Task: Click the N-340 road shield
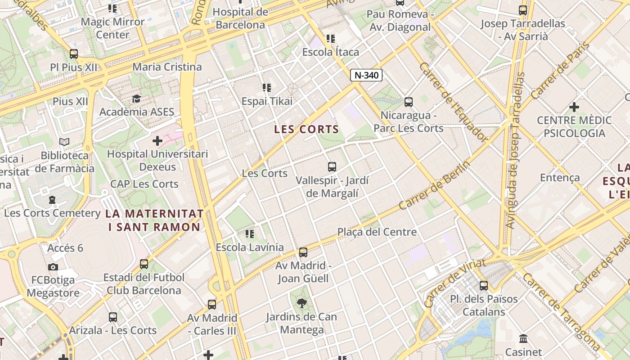[366, 75]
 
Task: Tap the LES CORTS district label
[306, 130]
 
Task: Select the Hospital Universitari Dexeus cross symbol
[157, 141]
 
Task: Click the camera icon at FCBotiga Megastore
[53, 267]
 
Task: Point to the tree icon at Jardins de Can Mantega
[301, 303]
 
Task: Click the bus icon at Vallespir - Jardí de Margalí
[332, 167]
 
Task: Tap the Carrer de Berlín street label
[434, 185]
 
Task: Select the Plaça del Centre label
[377, 232]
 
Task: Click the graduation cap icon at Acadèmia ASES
[136, 99]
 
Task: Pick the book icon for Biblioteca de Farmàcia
[64, 142]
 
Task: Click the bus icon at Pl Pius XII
[74, 54]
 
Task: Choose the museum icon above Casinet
[523, 338]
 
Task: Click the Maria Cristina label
[167, 67]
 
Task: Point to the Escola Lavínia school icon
[250, 234]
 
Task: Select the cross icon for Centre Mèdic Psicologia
[574, 107]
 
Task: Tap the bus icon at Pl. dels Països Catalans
[484, 285]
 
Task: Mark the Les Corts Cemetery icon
[52, 199]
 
